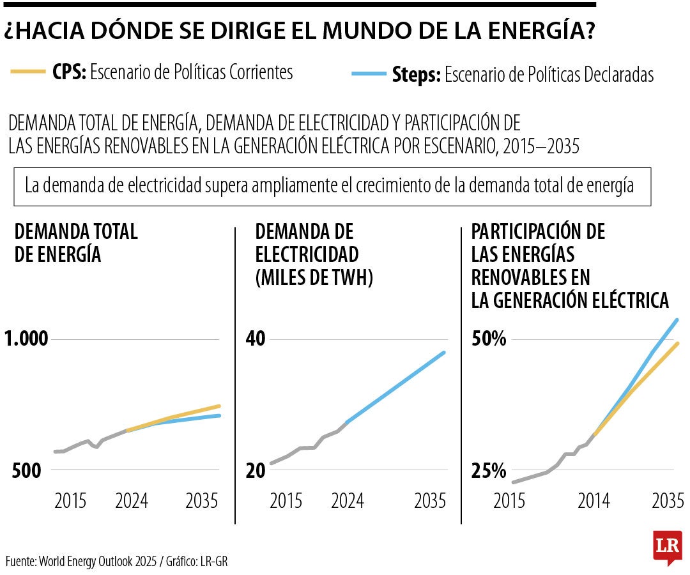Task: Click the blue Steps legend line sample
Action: click(369, 75)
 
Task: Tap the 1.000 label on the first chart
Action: click(26, 339)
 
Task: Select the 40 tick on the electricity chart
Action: click(256, 339)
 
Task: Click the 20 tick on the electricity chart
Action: click(256, 471)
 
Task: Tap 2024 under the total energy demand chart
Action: click(132, 500)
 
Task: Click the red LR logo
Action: click(667, 548)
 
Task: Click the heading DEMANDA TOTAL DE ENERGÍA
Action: click(75, 242)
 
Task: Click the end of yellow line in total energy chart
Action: click(219, 406)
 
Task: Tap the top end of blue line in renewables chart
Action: click(677, 319)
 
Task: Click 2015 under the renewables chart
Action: click(509, 500)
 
